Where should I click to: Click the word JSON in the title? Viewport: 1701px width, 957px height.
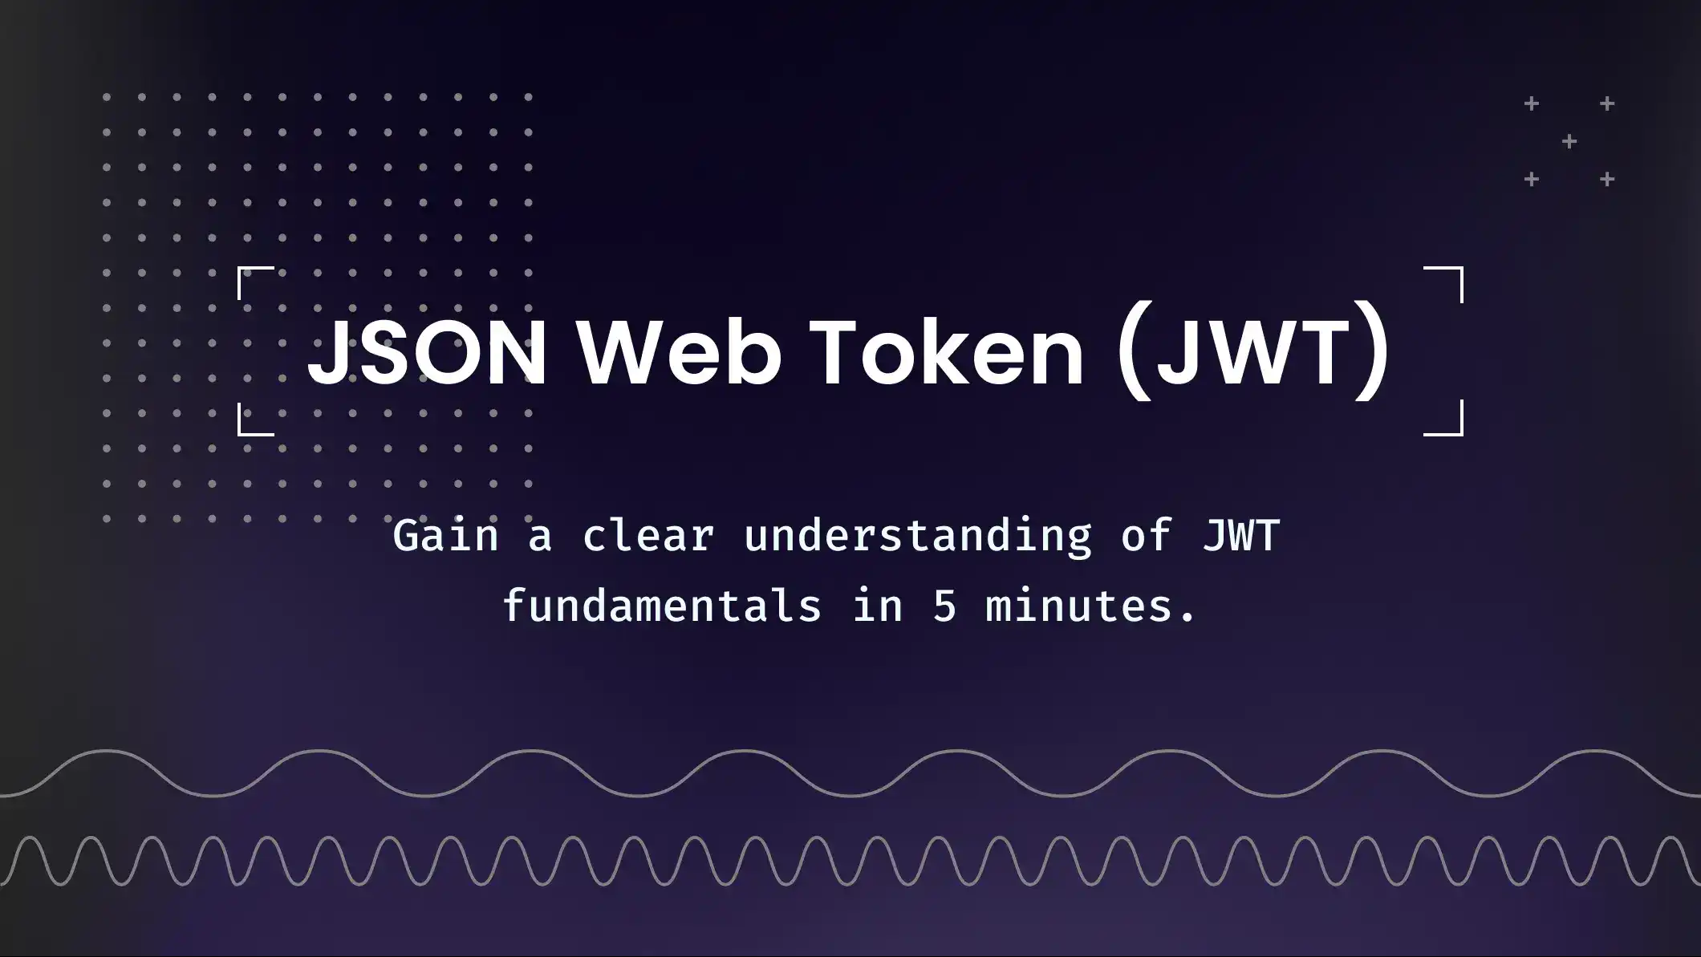pos(427,352)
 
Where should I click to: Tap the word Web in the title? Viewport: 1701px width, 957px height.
pos(680,352)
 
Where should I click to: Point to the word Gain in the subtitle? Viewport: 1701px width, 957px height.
pos(445,536)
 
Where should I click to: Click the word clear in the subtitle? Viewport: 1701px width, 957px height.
pos(648,536)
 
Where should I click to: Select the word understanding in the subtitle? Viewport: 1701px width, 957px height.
pos(918,536)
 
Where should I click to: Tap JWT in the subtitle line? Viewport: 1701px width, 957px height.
pos(1240,536)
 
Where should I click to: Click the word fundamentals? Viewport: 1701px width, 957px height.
pos(662,606)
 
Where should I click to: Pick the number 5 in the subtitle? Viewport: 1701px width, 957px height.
pos(944,606)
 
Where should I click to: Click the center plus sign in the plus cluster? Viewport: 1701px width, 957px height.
pos(1569,142)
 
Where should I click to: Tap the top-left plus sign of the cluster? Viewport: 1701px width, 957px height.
pos(1532,103)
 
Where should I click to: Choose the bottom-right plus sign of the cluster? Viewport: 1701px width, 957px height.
pos(1607,180)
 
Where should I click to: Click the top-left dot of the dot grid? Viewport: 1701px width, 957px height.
pos(107,97)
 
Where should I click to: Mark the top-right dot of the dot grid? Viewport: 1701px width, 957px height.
pos(529,97)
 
